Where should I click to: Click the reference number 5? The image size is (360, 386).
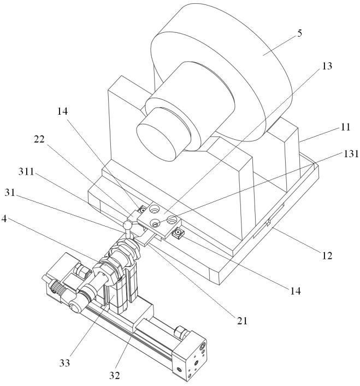tap(299, 33)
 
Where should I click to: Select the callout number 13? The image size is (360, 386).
tap(327, 66)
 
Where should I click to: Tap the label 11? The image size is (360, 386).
tap(345, 127)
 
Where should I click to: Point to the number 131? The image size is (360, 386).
tap(351, 154)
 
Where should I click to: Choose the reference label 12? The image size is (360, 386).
tap(327, 256)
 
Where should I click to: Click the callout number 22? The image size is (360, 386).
tap(39, 139)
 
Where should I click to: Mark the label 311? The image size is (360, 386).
tap(26, 171)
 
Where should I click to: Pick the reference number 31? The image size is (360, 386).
tap(10, 193)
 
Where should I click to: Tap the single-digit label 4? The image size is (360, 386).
tap(4, 218)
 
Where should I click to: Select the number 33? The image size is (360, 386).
tap(64, 363)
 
